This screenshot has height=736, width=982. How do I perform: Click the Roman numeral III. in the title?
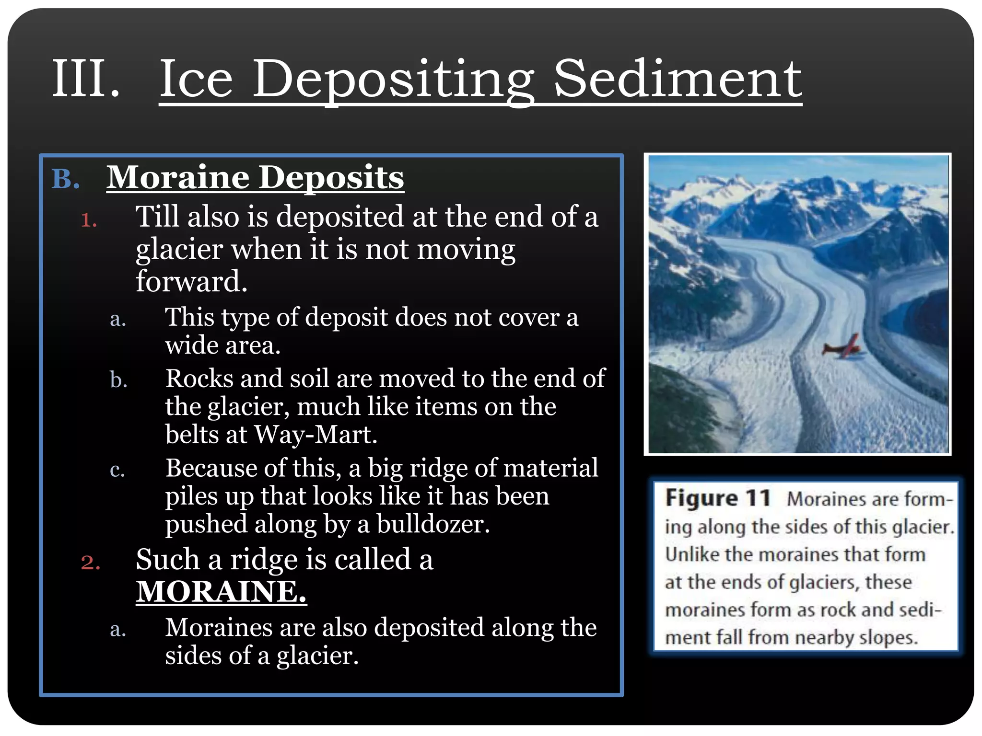[x=85, y=79]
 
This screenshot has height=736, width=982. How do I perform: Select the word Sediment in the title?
[x=677, y=80]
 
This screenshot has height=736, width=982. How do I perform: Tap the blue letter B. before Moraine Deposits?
[x=66, y=180]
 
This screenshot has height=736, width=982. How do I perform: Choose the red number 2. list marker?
[x=91, y=563]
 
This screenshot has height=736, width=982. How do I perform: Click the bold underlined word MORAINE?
[x=221, y=591]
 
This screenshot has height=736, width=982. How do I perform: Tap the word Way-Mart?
[x=316, y=435]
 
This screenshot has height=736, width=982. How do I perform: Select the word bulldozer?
[x=433, y=524]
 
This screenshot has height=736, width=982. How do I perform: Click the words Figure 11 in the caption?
[x=718, y=498]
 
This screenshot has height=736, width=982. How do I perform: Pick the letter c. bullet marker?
[x=117, y=470]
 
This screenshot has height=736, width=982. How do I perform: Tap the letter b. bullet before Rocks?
[x=118, y=380]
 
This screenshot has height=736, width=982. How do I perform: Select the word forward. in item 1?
[x=191, y=281]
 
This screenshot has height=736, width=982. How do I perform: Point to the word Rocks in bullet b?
[x=199, y=379]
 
